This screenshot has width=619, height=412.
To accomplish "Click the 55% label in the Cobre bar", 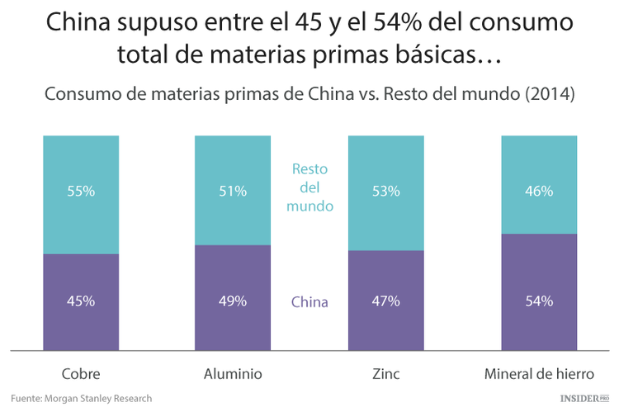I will (81, 192).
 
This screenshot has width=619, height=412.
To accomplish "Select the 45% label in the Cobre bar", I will (81, 301).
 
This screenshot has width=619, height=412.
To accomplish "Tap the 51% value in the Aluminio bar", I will (233, 192).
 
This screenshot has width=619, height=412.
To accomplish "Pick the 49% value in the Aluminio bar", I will (233, 301).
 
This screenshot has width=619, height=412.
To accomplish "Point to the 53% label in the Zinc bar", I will (385, 192).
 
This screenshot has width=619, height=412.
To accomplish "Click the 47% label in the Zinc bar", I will (385, 301).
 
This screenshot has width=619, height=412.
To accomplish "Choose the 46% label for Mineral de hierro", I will (539, 192).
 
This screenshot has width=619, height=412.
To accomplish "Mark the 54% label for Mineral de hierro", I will (539, 301).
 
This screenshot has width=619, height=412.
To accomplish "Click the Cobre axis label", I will (81, 374).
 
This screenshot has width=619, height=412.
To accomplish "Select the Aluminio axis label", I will (233, 374).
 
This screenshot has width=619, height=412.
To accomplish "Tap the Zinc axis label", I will (385, 374).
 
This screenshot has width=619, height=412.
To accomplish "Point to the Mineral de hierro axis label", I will (539, 374).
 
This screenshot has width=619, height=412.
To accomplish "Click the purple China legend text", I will (309, 302).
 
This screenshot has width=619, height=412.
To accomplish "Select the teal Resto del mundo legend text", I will (309, 187).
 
